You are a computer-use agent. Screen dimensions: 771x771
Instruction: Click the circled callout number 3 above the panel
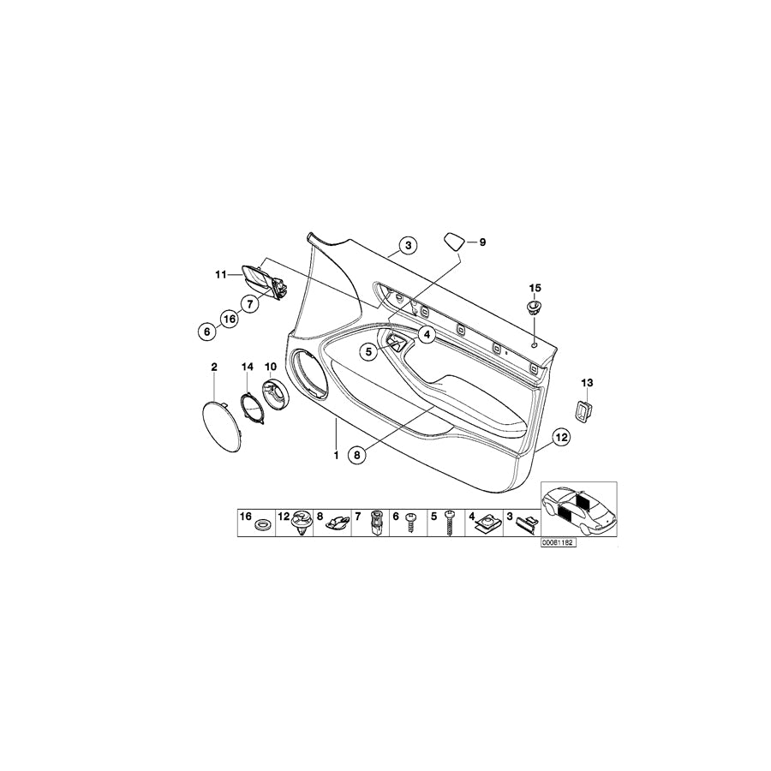tap(409, 246)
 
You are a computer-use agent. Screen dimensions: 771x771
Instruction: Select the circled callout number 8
tap(357, 455)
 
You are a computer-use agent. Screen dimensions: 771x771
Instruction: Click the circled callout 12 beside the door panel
tap(559, 438)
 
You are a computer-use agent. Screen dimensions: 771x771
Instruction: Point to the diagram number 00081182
tap(557, 543)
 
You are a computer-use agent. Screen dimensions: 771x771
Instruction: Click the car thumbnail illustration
tap(578, 509)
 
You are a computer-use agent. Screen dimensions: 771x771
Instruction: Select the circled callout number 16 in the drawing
tap(229, 319)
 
